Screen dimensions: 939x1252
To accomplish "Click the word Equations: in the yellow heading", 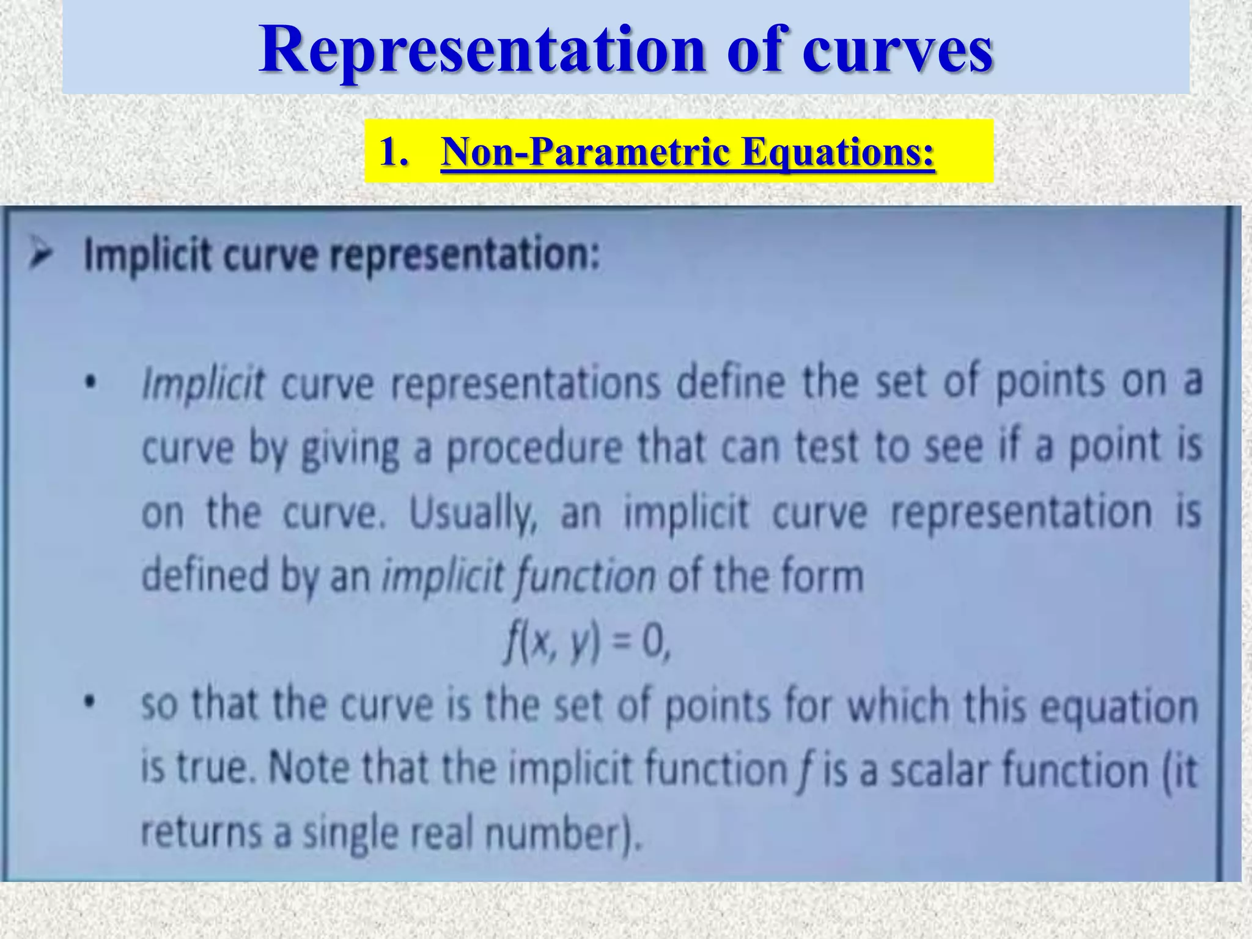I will [x=838, y=151].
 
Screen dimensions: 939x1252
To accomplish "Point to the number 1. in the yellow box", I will [x=393, y=151].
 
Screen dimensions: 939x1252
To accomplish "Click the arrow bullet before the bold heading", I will [x=42, y=254].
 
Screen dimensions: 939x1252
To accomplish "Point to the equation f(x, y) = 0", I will [x=587, y=643].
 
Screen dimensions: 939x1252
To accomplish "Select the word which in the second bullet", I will [x=899, y=705].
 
